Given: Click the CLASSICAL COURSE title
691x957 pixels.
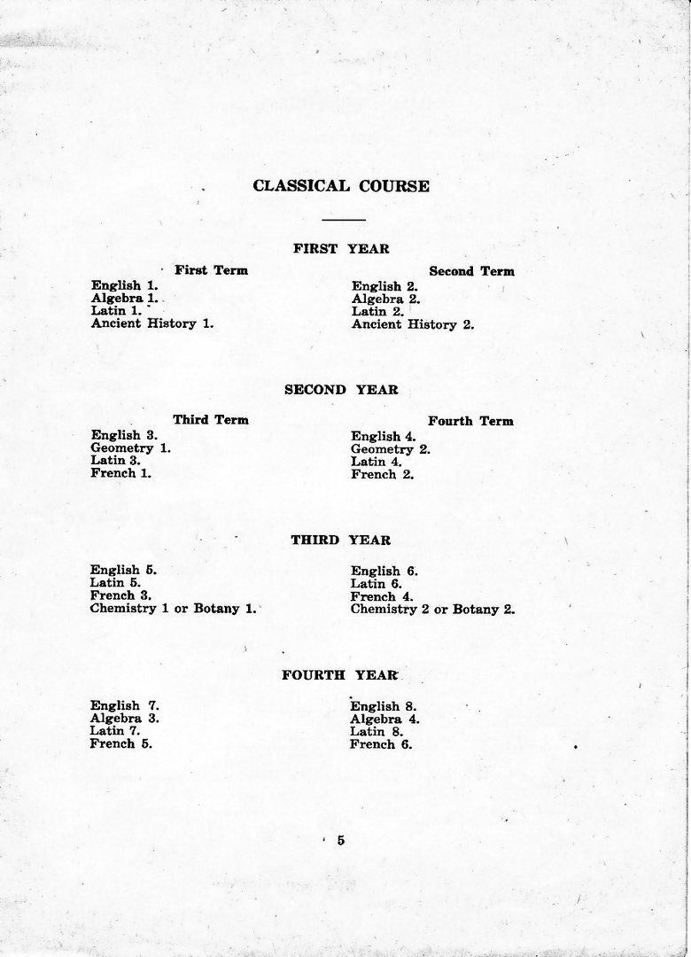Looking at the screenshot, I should [341, 186].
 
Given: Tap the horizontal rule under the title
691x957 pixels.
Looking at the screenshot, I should [344, 219].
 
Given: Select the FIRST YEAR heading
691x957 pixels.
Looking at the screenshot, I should [341, 249].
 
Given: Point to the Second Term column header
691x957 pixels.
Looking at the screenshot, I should [471, 271].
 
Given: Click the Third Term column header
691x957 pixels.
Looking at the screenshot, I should [211, 419].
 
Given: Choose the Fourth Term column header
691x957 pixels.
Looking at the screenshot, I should [470, 421].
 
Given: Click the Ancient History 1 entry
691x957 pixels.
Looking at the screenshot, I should [151, 323].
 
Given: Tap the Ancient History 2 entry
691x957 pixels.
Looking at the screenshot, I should [413, 324].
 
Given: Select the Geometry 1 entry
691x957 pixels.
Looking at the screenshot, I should [130, 448].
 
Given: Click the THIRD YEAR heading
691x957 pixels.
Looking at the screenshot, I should [341, 540].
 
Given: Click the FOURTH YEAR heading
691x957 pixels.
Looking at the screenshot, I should [340, 675].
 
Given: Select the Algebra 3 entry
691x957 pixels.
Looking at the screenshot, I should [124, 719].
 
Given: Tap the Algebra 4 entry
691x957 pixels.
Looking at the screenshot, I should [384, 720].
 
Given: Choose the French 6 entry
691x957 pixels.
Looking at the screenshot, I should [381, 745].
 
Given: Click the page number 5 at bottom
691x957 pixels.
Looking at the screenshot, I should [340, 841].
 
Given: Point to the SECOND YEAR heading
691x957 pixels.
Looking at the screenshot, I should [341, 389].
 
